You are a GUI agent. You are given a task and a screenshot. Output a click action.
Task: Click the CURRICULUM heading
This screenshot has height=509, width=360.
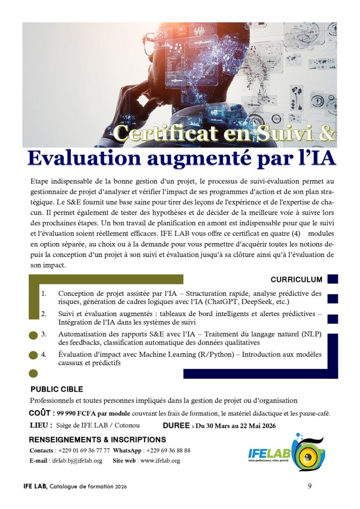click(296, 280)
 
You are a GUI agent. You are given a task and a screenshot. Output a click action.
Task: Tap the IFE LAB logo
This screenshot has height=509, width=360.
click(286, 452)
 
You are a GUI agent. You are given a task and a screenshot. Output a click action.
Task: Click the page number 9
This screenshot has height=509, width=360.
click(310, 486)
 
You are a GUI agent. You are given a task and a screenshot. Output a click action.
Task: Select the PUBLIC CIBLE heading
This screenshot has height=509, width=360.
click(57, 389)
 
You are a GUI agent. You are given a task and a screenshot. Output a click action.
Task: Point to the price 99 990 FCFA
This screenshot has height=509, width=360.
click(78, 414)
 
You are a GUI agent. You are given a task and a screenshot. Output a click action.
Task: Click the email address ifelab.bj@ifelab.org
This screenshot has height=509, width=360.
click(77, 461)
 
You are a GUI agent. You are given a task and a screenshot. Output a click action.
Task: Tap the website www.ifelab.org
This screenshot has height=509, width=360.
click(160, 461)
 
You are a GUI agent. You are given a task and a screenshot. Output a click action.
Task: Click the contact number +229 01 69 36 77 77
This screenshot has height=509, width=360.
click(84, 450)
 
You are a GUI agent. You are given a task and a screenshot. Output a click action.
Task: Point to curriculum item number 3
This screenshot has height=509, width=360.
click(44, 334)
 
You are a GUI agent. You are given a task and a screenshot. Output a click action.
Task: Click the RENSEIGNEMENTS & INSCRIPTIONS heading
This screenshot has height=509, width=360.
click(97, 439)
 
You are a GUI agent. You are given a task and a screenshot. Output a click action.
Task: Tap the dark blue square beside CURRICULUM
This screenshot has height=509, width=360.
click(333, 279)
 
